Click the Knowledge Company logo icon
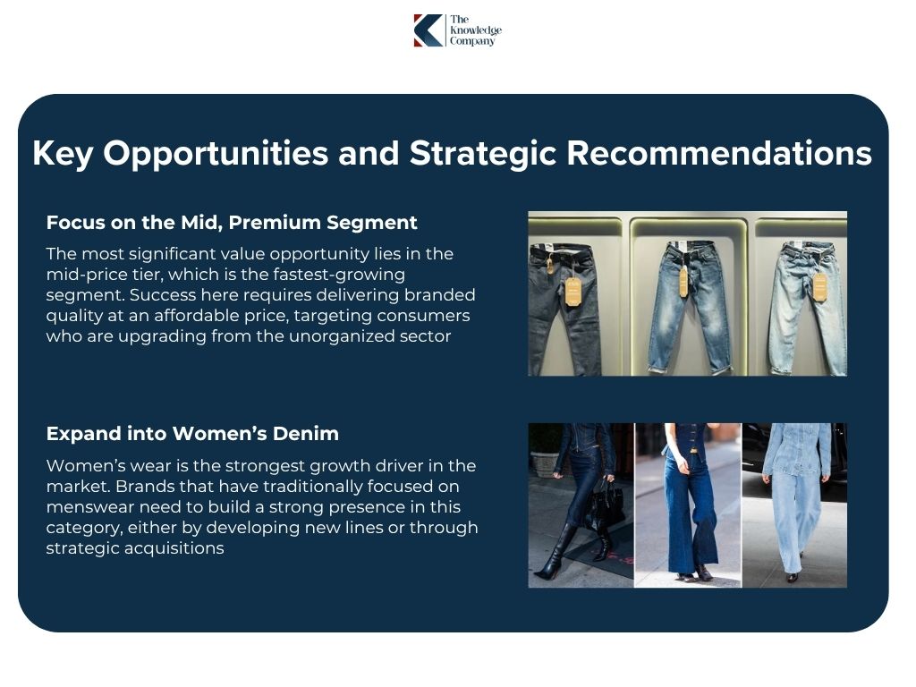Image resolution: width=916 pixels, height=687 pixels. point(428,30)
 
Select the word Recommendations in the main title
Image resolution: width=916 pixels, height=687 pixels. point(719,154)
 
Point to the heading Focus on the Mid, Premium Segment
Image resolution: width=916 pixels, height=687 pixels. point(232,222)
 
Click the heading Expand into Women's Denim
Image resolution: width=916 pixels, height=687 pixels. point(192,434)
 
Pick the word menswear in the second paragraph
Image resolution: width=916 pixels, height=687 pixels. point(87,506)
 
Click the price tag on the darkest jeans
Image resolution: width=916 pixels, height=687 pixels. point(572,291)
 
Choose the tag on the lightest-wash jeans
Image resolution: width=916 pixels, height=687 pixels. point(819,285)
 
